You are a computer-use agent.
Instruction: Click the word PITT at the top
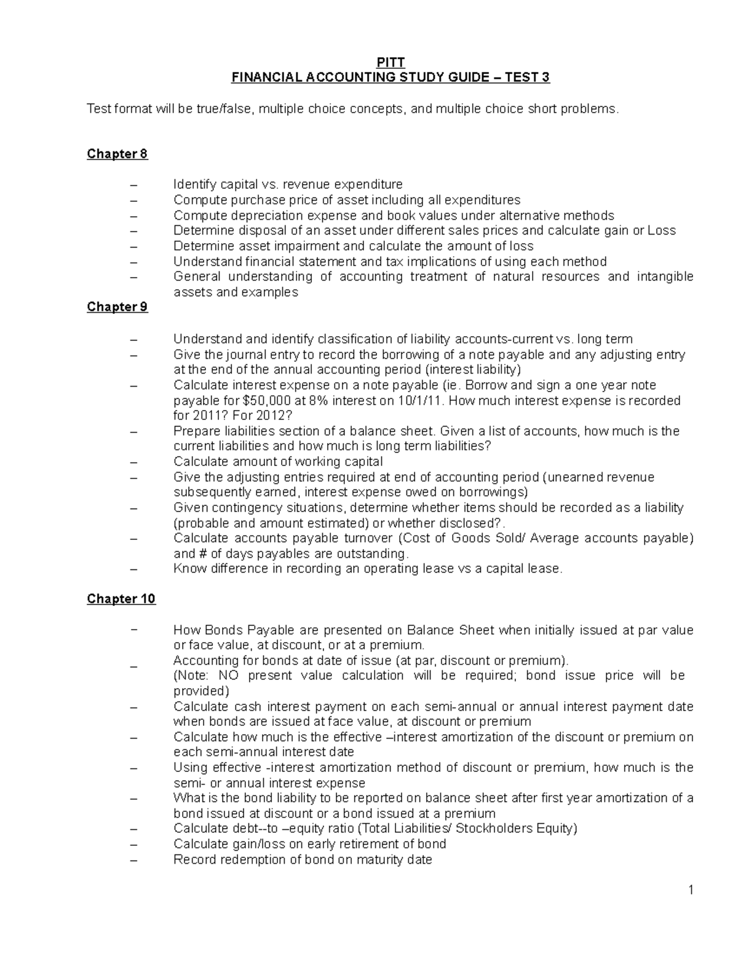coord(390,62)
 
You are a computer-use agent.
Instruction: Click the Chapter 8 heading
coord(117,154)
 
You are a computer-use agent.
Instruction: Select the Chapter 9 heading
coord(117,307)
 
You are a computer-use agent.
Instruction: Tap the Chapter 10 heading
coord(121,599)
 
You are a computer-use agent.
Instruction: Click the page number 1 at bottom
coord(691,890)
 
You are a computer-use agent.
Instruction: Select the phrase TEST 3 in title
coord(527,78)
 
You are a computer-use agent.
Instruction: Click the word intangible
coord(664,277)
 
